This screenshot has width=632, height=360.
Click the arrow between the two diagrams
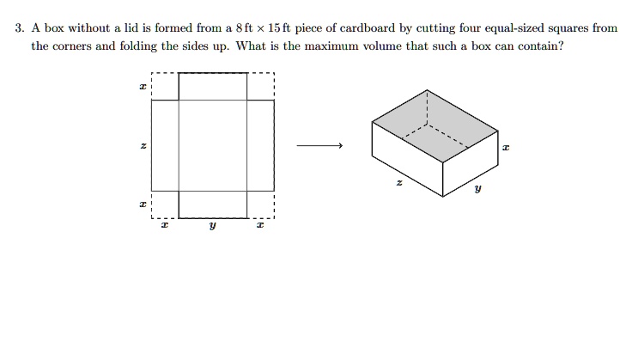pyautogui.click(x=319, y=146)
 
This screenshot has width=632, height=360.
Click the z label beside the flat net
pyautogui.click(x=143, y=146)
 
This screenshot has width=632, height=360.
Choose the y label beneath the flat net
pyautogui.click(x=212, y=229)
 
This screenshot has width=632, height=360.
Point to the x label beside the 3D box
pyautogui.click(x=506, y=148)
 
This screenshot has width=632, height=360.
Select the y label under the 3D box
pyautogui.click(x=478, y=191)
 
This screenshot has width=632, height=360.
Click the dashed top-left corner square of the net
pyautogui.click(x=165, y=87)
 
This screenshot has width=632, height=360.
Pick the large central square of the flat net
pyautogui.click(x=212, y=144)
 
